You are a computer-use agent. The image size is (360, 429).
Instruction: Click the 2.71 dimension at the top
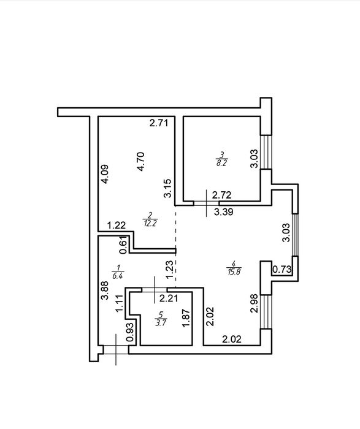pyautogui.click(x=158, y=123)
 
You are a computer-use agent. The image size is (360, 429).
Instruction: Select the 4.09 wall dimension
pyautogui.click(x=104, y=173)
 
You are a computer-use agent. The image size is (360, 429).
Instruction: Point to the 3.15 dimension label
pyautogui.click(x=167, y=188)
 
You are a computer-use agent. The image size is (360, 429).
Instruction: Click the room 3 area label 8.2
pyautogui.click(x=221, y=164)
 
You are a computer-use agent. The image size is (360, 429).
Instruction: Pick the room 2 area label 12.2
pyautogui.click(x=150, y=224)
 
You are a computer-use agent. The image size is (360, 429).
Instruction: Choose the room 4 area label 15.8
pyautogui.click(x=234, y=271)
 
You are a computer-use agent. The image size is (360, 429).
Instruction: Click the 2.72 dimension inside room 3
pyautogui.click(x=222, y=195)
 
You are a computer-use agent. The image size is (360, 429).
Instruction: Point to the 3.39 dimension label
pyautogui.click(x=224, y=212)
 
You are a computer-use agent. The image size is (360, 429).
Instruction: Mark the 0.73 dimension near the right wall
pyautogui.click(x=281, y=270)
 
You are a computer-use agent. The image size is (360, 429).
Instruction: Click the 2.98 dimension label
pyautogui.click(x=255, y=303)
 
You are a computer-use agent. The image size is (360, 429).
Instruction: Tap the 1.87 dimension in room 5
pyautogui.click(x=186, y=317)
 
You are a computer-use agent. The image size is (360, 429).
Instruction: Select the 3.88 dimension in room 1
pyautogui.click(x=105, y=290)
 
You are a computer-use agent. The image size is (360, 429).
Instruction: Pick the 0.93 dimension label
pyautogui.click(x=131, y=332)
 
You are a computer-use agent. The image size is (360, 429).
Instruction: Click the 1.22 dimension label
pyautogui.click(x=117, y=226)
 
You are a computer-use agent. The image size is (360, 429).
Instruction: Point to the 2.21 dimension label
pyautogui.click(x=169, y=298)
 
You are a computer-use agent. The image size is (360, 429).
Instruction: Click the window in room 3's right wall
pyautogui.click(x=266, y=152)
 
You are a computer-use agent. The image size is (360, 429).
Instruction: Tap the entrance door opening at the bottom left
pyautogui.click(x=116, y=350)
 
